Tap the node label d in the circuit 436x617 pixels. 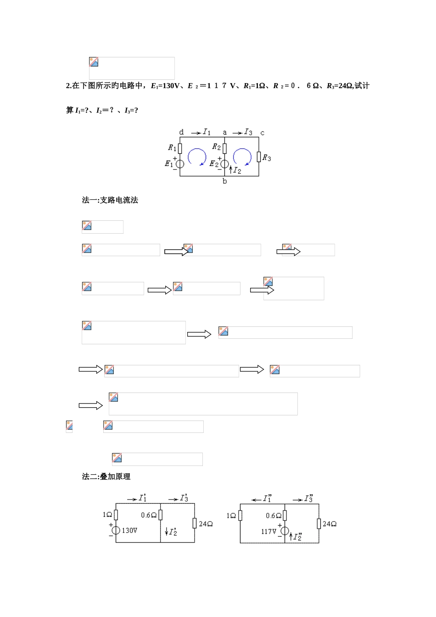coord(181,132)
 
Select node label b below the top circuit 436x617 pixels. coord(224,181)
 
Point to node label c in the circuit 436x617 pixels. coord(262,133)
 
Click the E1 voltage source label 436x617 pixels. coord(169,163)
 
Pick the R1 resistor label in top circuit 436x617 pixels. coord(172,147)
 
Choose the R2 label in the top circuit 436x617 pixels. coord(216,147)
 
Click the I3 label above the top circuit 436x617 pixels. coord(248,132)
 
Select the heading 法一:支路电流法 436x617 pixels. coord(110,200)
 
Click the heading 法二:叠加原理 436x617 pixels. coord(106,477)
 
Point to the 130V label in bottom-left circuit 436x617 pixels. coord(129,530)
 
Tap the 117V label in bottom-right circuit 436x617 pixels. coord(269,531)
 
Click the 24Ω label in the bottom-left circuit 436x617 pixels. coord(206,524)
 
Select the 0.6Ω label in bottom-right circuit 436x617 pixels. coord(274,516)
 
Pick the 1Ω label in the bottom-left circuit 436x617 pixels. coord(107,515)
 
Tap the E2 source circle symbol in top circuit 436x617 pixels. coord(224,164)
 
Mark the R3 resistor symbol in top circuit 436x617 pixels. coord(259,157)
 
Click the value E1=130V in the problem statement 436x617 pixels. coord(165,86)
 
